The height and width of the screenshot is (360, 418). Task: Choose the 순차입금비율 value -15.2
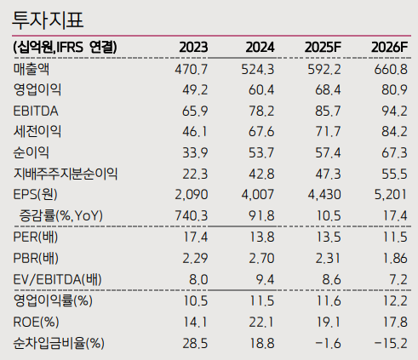pyautogui.click(x=388, y=343)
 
